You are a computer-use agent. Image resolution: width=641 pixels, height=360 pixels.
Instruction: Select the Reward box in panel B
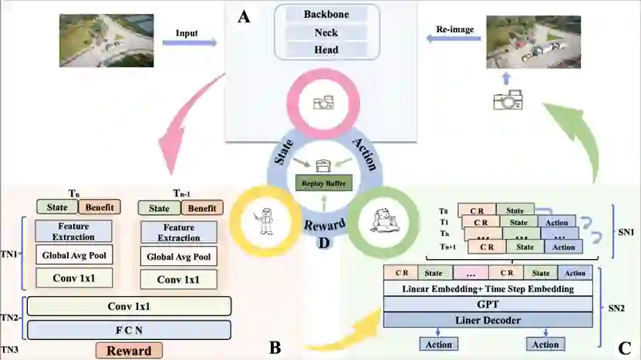click(x=129, y=350)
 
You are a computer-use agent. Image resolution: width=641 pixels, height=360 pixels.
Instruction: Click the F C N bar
click(x=129, y=330)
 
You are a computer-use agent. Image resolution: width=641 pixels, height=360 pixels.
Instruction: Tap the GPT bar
click(x=487, y=304)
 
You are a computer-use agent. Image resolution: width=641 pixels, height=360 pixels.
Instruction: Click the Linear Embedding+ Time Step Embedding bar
click(x=487, y=288)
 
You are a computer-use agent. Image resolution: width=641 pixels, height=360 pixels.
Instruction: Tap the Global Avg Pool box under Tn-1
click(x=178, y=257)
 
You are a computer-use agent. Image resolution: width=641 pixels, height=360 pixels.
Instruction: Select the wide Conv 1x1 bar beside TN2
click(x=129, y=307)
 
